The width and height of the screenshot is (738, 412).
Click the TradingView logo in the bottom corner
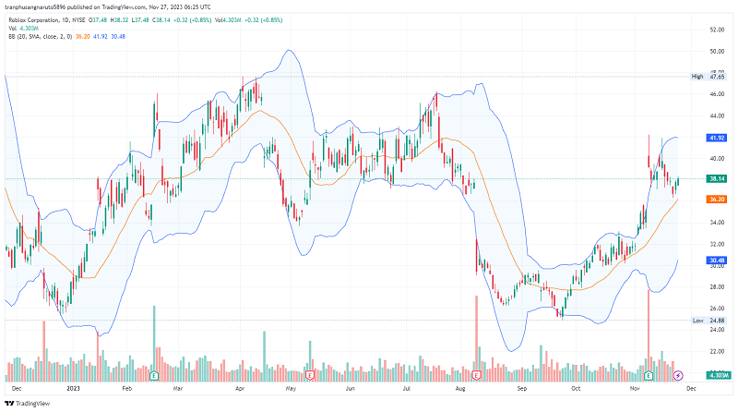[x=29, y=404]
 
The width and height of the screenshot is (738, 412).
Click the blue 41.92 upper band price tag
[x=717, y=138]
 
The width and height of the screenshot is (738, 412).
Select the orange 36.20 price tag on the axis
[x=717, y=200]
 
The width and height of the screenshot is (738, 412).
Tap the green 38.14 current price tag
[x=717, y=178]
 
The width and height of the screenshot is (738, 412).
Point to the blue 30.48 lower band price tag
[x=717, y=261]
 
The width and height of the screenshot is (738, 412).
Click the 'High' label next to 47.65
[x=697, y=77]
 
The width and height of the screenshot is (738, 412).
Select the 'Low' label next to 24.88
[x=697, y=321]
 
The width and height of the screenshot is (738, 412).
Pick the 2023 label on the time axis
[x=74, y=390]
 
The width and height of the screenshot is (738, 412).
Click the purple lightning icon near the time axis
[x=679, y=376]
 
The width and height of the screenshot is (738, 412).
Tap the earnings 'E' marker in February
[x=154, y=376]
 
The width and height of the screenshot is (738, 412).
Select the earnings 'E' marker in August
[x=476, y=376]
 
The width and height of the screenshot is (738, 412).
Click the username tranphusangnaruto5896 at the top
[x=42, y=6]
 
